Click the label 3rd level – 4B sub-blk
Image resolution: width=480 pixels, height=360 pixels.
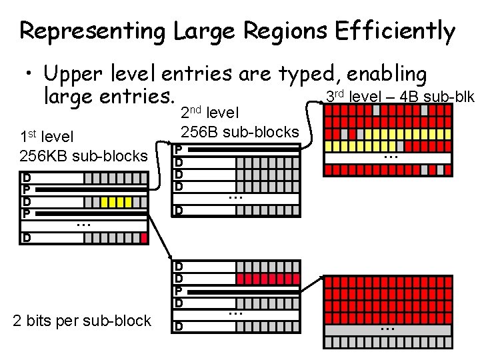pyautogui.click(x=399, y=97)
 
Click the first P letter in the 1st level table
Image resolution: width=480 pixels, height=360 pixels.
pyautogui.click(x=26, y=190)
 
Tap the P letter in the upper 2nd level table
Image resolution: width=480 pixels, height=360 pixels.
pyautogui.click(x=178, y=149)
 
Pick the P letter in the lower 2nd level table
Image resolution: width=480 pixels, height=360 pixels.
pyautogui.click(x=178, y=291)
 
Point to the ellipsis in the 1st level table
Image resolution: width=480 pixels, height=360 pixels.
pyautogui.click(x=83, y=225)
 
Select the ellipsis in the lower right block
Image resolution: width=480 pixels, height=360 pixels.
pyautogui.click(x=388, y=328)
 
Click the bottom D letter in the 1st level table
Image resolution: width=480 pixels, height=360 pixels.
pyautogui.click(x=26, y=237)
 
